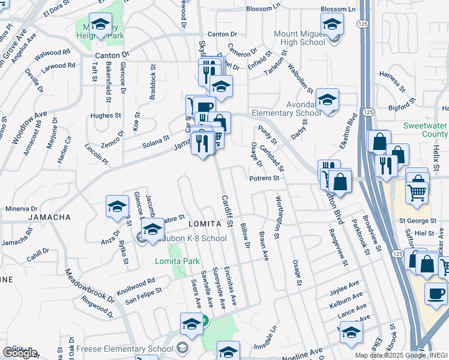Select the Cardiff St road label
(227, 211)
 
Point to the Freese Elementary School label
(134, 349)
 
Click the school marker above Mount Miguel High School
(331, 26)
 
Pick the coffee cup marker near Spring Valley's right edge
(436, 293)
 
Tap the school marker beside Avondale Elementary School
(327, 100)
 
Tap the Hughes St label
(105, 115)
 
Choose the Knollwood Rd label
(136, 283)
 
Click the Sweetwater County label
(426, 130)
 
